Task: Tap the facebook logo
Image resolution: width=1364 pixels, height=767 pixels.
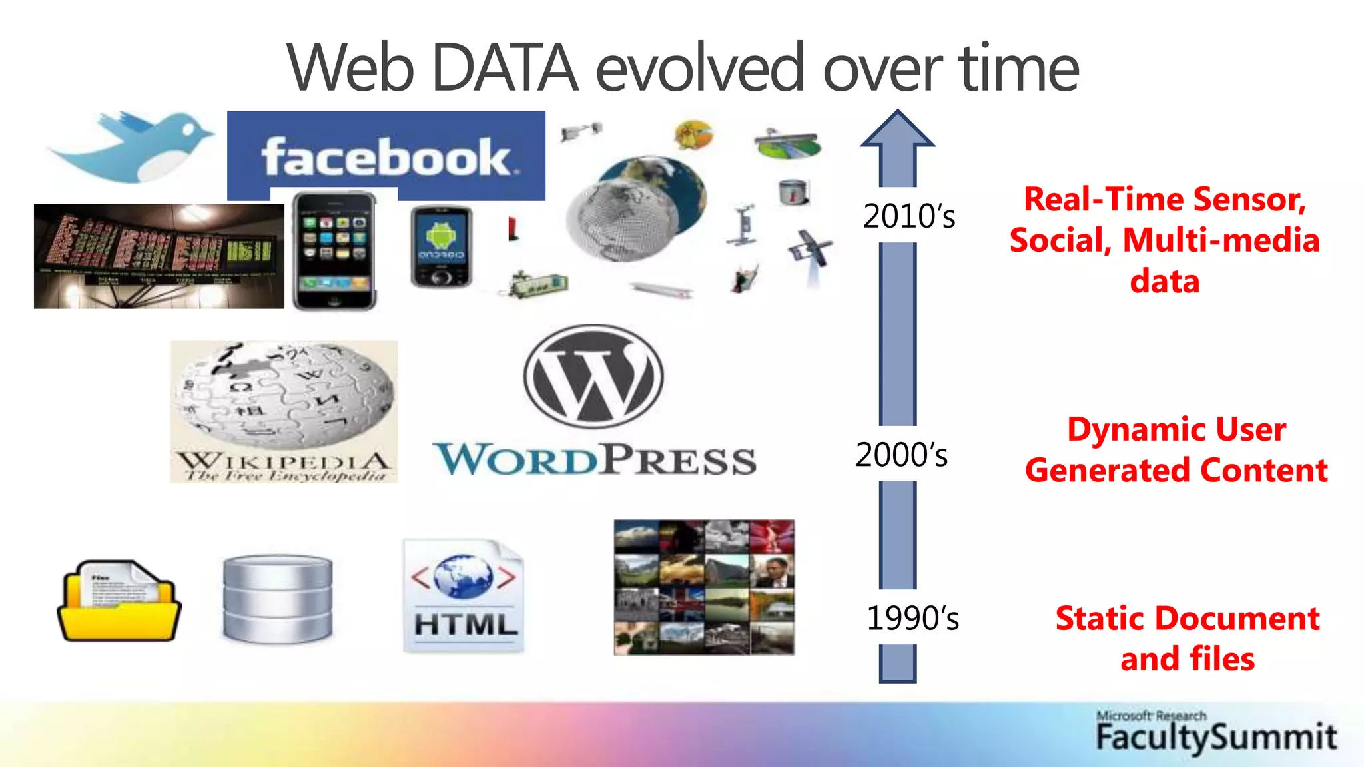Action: click(x=386, y=157)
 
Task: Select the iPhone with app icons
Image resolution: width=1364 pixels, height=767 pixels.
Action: click(x=334, y=250)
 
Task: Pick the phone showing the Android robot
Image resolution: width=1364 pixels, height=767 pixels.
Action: click(x=440, y=247)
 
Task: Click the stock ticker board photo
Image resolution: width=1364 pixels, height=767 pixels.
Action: click(x=159, y=256)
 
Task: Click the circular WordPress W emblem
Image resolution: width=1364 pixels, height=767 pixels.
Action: click(x=593, y=376)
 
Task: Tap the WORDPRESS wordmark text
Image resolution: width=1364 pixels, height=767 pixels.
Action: click(x=594, y=460)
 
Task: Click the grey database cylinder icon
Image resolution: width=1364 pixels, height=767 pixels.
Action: click(x=277, y=599)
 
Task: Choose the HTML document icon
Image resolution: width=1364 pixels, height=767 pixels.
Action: click(x=464, y=597)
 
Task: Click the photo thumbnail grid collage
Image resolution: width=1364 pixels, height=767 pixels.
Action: click(x=704, y=588)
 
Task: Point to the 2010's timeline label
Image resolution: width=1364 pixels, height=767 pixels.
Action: click(x=908, y=216)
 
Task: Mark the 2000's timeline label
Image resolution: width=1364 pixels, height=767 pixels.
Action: click(x=901, y=455)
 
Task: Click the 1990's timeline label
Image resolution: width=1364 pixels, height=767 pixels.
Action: click(x=912, y=619)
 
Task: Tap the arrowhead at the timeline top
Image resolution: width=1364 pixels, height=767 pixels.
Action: click(x=898, y=129)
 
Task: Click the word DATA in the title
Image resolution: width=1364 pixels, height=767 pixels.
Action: click(x=504, y=68)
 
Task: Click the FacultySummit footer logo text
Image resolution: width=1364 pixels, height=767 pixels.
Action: click(x=1216, y=737)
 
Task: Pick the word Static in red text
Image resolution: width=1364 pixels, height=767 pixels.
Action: click(x=1100, y=619)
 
